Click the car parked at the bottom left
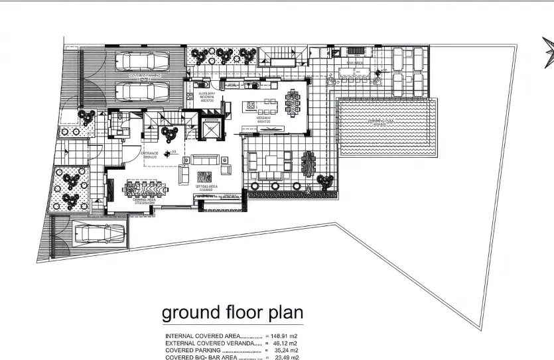click(97, 233)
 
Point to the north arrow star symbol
click(548, 53)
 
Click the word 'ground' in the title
click(194, 312)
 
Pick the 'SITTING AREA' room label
click(206, 188)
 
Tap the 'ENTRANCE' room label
click(149, 154)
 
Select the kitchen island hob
click(253, 104)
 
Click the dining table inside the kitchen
click(292, 103)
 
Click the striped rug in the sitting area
click(204, 177)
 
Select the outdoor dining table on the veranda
click(309, 162)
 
